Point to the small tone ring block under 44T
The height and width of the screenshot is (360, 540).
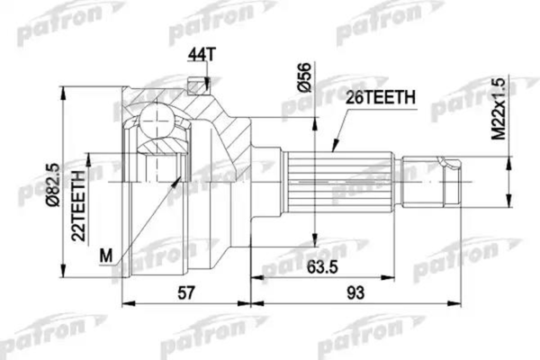[x=192, y=86]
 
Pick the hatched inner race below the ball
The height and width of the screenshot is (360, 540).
[x=159, y=148]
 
